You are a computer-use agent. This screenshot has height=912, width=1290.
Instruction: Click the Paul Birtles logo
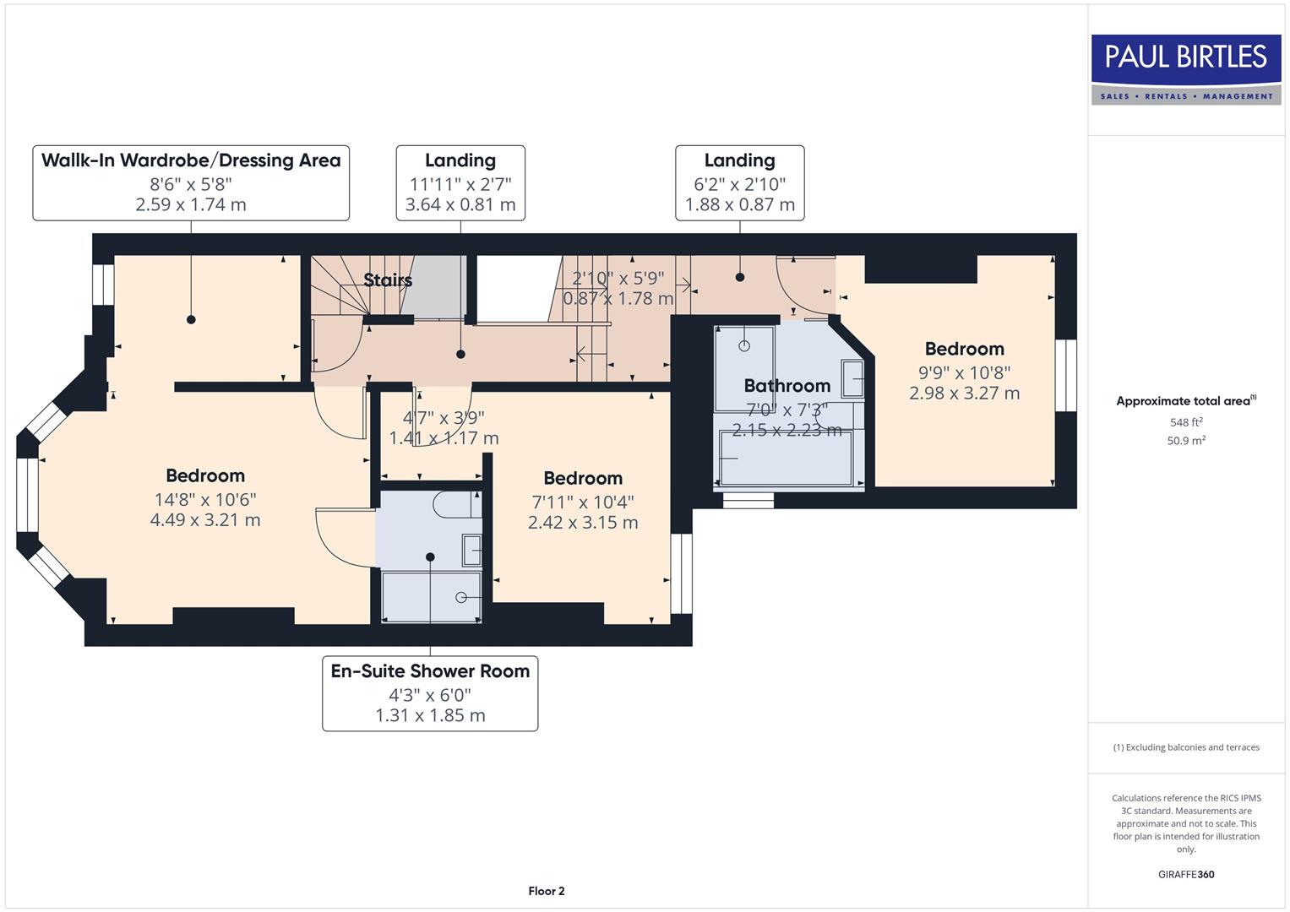(1185, 69)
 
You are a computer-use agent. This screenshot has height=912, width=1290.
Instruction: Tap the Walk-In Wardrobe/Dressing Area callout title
(191, 160)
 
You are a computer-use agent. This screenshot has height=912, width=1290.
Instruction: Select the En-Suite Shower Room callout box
(430, 693)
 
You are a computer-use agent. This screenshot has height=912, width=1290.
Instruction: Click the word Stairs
(388, 280)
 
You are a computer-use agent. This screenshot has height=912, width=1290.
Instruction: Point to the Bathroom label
(787, 386)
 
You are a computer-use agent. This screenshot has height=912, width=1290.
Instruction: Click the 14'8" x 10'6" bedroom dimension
(204, 499)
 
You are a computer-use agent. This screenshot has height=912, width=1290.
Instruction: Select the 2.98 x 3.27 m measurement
(964, 394)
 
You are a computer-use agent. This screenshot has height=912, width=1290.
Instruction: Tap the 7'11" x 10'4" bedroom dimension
(583, 502)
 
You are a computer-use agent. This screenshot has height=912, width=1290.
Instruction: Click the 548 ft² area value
(1185, 422)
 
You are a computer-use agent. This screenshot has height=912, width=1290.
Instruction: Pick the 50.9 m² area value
(1185, 441)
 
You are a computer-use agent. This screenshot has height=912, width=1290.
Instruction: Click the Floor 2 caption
(546, 891)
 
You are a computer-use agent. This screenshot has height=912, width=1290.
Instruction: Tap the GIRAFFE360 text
(1185, 875)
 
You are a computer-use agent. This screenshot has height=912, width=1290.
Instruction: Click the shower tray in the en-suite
(430, 598)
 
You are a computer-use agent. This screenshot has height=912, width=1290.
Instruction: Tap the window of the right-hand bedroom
(1065, 376)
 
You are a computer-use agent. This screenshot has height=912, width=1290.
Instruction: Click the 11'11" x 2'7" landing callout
(460, 182)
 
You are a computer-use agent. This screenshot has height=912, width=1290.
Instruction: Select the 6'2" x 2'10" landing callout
(739, 182)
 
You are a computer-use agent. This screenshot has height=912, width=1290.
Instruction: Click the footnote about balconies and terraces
(1185, 747)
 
